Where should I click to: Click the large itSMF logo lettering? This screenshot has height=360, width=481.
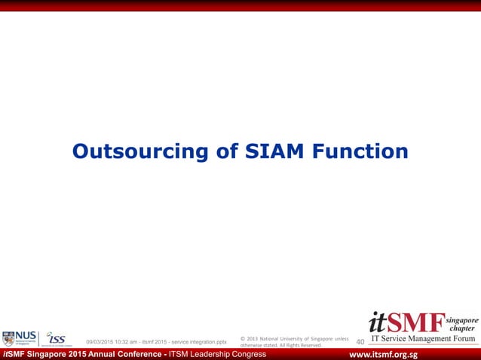click(x=406, y=322)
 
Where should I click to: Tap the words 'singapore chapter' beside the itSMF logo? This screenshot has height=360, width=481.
click(x=461, y=325)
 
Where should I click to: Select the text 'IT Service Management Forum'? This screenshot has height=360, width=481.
click(x=424, y=340)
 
